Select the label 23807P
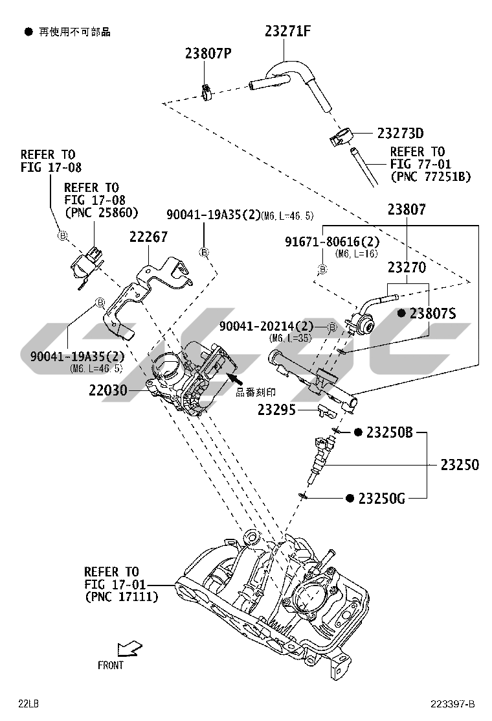[208, 54]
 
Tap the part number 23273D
[400, 134]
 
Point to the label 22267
[148, 238]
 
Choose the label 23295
[276, 410]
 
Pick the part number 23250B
[389, 432]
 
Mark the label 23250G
[381, 498]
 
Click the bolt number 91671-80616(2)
[332, 242]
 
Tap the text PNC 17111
[122, 597]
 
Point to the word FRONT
[111, 665]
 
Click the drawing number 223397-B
[453, 704]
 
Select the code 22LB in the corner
[29, 703]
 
